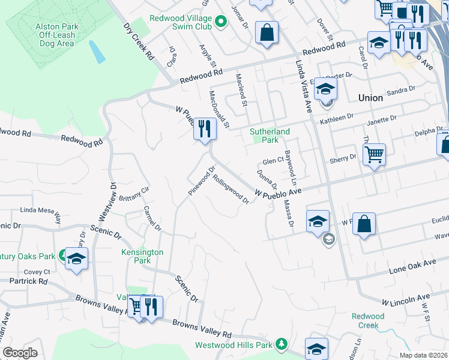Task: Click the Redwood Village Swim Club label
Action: tap(182, 23)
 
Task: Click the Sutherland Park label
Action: tap(270, 136)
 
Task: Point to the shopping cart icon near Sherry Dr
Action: tap(374, 155)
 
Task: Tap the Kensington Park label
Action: tap(142, 257)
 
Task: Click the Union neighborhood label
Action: tap(370, 97)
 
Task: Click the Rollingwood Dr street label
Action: tap(231, 189)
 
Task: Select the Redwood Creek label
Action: tap(367, 320)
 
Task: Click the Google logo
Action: tap(20, 353)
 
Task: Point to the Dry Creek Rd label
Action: tap(139, 41)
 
